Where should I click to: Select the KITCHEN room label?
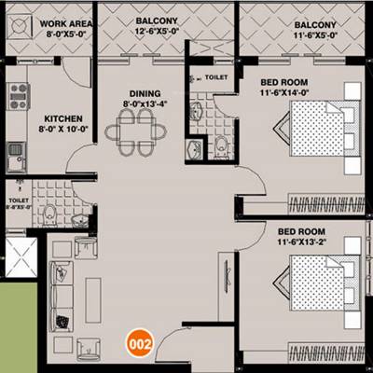[x=62, y=118]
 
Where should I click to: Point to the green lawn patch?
[x=19, y=322]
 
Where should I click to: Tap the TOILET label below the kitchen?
[x=18, y=200]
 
